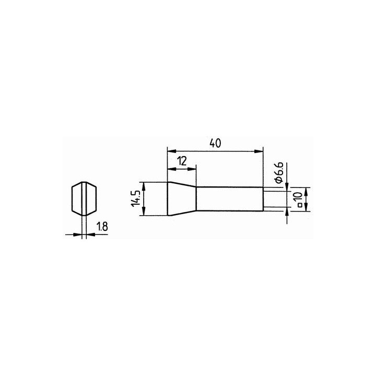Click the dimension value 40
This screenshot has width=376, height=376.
pyautogui.click(x=215, y=143)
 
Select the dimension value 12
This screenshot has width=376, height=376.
pyautogui.click(x=182, y=161)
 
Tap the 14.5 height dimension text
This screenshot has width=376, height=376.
pyautogui.click(x=135, y=199)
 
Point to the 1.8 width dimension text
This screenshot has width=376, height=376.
pyautogui.click(x=102, y=226)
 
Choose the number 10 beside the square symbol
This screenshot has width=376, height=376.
pyautogui.click(x=299, y=197)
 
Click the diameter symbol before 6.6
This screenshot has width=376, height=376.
pyautogui.click(x=279, y=180)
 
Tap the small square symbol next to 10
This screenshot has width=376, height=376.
pyautogui.click(x=300, y=205)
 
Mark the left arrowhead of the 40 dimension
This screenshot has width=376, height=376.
pyautogui.click(x=172, y=151)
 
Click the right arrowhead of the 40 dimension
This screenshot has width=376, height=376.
pyautogui.click(x=258, y=151)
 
